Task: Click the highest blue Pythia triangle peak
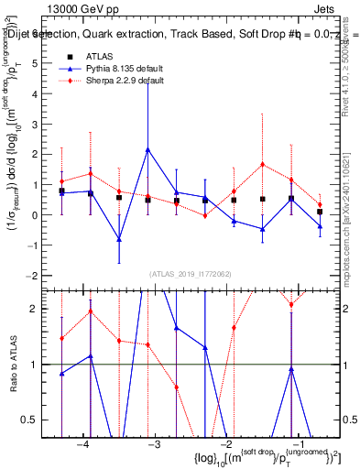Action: [147, 149]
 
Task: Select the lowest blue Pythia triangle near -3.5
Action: [119, 239]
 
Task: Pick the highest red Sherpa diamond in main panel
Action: [262, 165]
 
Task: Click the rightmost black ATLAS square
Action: [320, 212]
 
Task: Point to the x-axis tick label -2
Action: [224, 443]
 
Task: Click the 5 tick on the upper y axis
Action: [38, 64]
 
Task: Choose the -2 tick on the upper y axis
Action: [36, 276]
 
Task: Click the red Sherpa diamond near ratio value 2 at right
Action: [291, 304]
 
